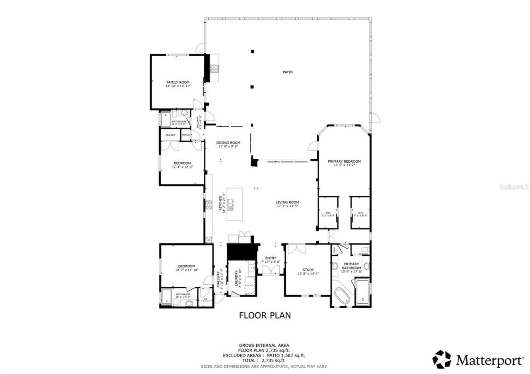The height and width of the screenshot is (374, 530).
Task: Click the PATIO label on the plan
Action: (287, 72)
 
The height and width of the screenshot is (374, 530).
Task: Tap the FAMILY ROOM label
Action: (178, 82)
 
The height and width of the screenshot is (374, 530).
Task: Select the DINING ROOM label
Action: (228, 143)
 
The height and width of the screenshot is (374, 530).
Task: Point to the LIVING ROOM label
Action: (287, 202)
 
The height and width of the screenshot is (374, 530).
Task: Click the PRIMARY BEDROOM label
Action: (344, 161)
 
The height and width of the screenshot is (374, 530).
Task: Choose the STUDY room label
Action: (308, 269)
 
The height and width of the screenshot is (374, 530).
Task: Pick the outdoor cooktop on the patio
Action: (214, 68)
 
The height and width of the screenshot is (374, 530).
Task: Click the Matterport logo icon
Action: (442, 359)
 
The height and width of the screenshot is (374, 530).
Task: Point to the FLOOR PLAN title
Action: (265, 315)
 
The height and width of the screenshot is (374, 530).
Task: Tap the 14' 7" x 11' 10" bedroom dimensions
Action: (186, 270)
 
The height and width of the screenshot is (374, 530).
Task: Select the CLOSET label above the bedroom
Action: (170, 135)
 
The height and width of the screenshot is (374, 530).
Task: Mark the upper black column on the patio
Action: (252, 51)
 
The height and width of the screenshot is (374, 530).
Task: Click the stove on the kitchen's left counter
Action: (209, 204)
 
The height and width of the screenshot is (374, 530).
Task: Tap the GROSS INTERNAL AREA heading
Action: (264, 345)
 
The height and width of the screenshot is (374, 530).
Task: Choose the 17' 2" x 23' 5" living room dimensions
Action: (287, 206)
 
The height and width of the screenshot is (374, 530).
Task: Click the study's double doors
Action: (297, 248)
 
